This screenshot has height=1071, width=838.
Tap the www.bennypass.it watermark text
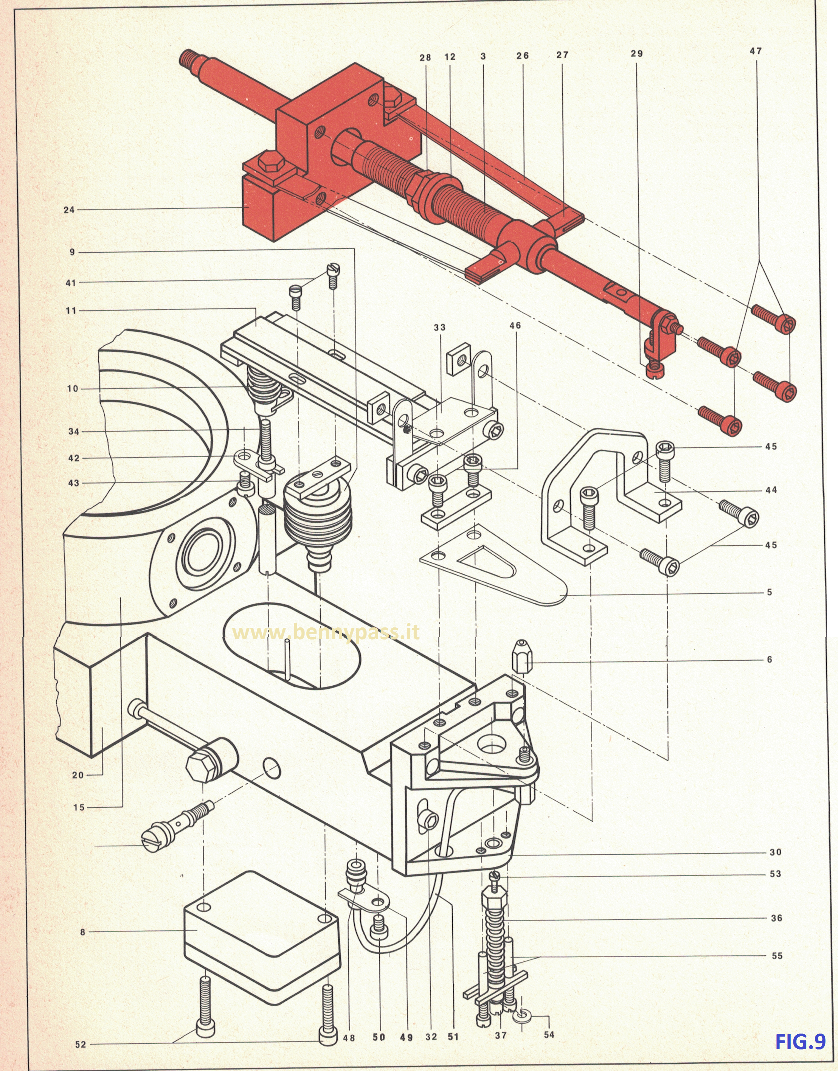pyautogui.click(x=326, y=633)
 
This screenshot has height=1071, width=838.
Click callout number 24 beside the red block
pyautogui.click(x=69, y=210)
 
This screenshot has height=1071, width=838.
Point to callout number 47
pyautogui.click(x=756, y=51)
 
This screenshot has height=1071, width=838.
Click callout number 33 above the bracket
pyautogui.click(x=439, y=327)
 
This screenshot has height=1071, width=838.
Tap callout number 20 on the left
pyautogui.click(x=78, y=775)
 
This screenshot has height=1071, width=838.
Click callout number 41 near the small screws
pyautogui.click(x=71, y=282)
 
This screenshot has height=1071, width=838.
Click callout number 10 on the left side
pyautogui.click(x=73, y=388)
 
